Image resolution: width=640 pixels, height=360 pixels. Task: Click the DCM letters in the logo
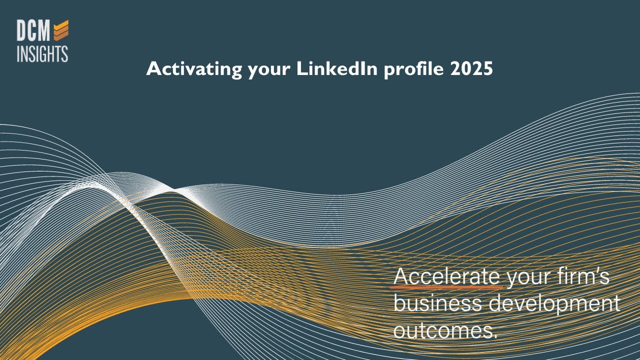(33, 31)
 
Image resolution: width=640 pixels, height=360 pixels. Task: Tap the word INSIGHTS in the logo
(42, 53)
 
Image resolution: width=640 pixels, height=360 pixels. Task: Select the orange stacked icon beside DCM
(61, 30)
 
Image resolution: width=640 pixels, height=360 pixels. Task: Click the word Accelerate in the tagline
(447, 276)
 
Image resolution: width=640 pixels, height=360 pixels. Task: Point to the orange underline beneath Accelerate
(447, 287)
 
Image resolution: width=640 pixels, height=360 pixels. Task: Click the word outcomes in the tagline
(443, 330)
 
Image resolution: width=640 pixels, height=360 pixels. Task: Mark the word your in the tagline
(527, 277)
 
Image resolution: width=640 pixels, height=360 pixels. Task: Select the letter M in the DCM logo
(44, 31)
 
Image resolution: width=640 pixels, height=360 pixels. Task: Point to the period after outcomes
(495, 336)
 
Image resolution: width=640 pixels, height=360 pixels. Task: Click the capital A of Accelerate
(401, 276)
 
